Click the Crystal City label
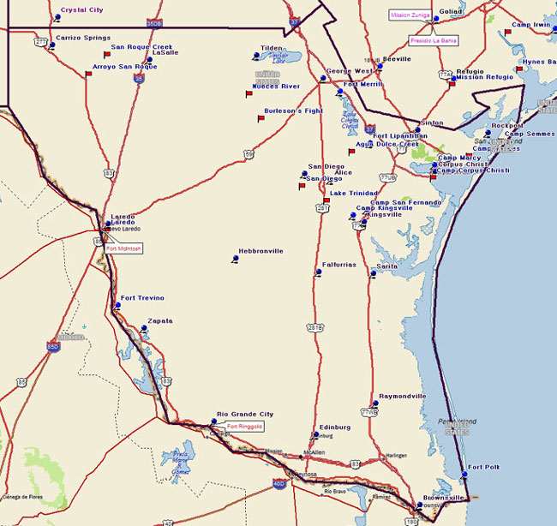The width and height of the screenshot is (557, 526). pos(81,10)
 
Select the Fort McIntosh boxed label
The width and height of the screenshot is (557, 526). pos(125,248)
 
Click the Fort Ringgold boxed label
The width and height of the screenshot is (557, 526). pos(245,426)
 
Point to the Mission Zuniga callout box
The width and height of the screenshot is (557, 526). pos(410,15)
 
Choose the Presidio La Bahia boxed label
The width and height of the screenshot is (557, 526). pos(434,40)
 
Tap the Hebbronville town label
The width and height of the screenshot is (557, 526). pos(261,251)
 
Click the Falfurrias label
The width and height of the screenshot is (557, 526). pos(338,265)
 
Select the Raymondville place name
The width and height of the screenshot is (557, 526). pos(402,397)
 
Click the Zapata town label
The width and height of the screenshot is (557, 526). pos(160,321)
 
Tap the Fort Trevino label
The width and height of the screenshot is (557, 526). pos(142,298)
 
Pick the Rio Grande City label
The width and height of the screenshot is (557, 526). pos(244,414)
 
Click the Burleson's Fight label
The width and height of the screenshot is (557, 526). pos(293,111)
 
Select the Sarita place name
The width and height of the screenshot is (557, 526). pos(387,267)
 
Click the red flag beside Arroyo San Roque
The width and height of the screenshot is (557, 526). pos(88,75)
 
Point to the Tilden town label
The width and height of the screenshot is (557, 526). pos(271,49)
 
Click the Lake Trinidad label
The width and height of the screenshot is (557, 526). pos(353,194)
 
